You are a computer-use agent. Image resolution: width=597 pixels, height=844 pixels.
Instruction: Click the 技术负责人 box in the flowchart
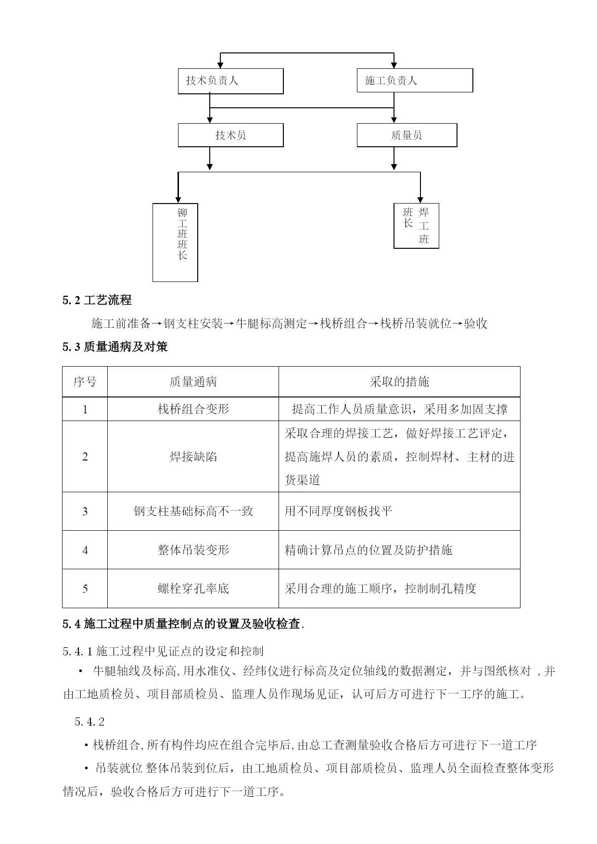tap(230, 81)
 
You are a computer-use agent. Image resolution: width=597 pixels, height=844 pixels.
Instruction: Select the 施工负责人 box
tap(414, 80)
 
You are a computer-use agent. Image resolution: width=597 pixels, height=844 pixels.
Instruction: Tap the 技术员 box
tap(230, 135)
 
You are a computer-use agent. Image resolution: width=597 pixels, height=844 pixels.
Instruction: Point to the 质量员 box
tap(406, 135)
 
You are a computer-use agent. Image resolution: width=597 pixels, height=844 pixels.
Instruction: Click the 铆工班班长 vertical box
tap(175, 242)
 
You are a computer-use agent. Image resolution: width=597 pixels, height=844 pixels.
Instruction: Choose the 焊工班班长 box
tap(416, 226)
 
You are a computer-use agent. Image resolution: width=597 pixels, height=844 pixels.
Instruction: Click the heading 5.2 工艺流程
tap(97, 300)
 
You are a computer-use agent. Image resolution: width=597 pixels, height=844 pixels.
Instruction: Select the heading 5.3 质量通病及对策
tap(115, 346)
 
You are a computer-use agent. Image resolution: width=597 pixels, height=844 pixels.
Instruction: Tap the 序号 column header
tap(85, 382)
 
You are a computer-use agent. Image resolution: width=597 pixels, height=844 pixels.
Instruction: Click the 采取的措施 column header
tap(399, 382)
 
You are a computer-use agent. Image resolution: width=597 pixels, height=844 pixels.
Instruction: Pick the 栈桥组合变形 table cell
tap(193, 409)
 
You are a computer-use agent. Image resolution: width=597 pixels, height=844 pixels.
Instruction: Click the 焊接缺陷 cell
tap(193, 456)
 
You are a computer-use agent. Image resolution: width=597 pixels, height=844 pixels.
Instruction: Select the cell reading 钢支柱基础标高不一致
tap(193, 511)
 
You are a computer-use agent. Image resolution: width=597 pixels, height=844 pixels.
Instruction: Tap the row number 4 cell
tap(85, 550)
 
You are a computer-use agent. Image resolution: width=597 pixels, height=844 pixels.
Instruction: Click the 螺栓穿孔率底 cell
tap(193, 588)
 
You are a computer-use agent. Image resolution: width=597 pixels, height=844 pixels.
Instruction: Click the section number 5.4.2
tap(89, 722)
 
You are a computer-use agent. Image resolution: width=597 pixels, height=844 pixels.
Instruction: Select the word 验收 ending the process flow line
tap(475, 323)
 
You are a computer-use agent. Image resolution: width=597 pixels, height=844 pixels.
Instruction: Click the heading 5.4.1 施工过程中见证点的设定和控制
tap(163, 652)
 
